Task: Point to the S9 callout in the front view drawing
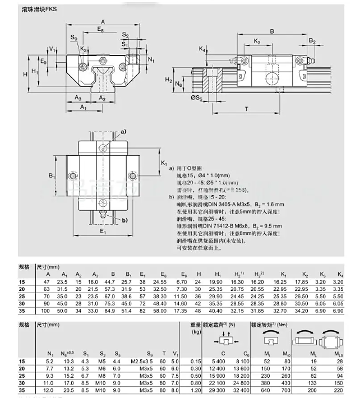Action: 75,38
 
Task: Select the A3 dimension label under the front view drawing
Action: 77,98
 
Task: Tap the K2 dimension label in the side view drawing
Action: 257,41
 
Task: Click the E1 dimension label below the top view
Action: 103,231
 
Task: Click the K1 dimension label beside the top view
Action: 164,163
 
